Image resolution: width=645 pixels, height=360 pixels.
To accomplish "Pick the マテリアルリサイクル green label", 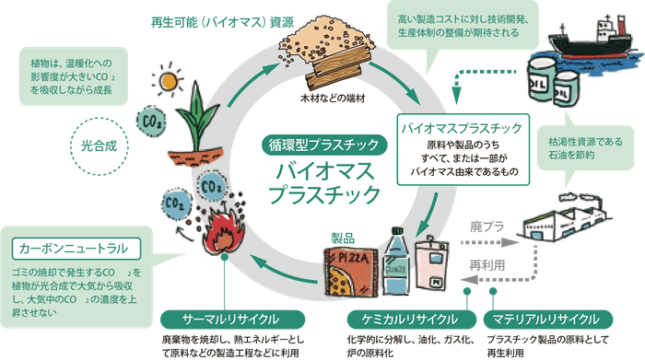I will click(544, 319).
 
